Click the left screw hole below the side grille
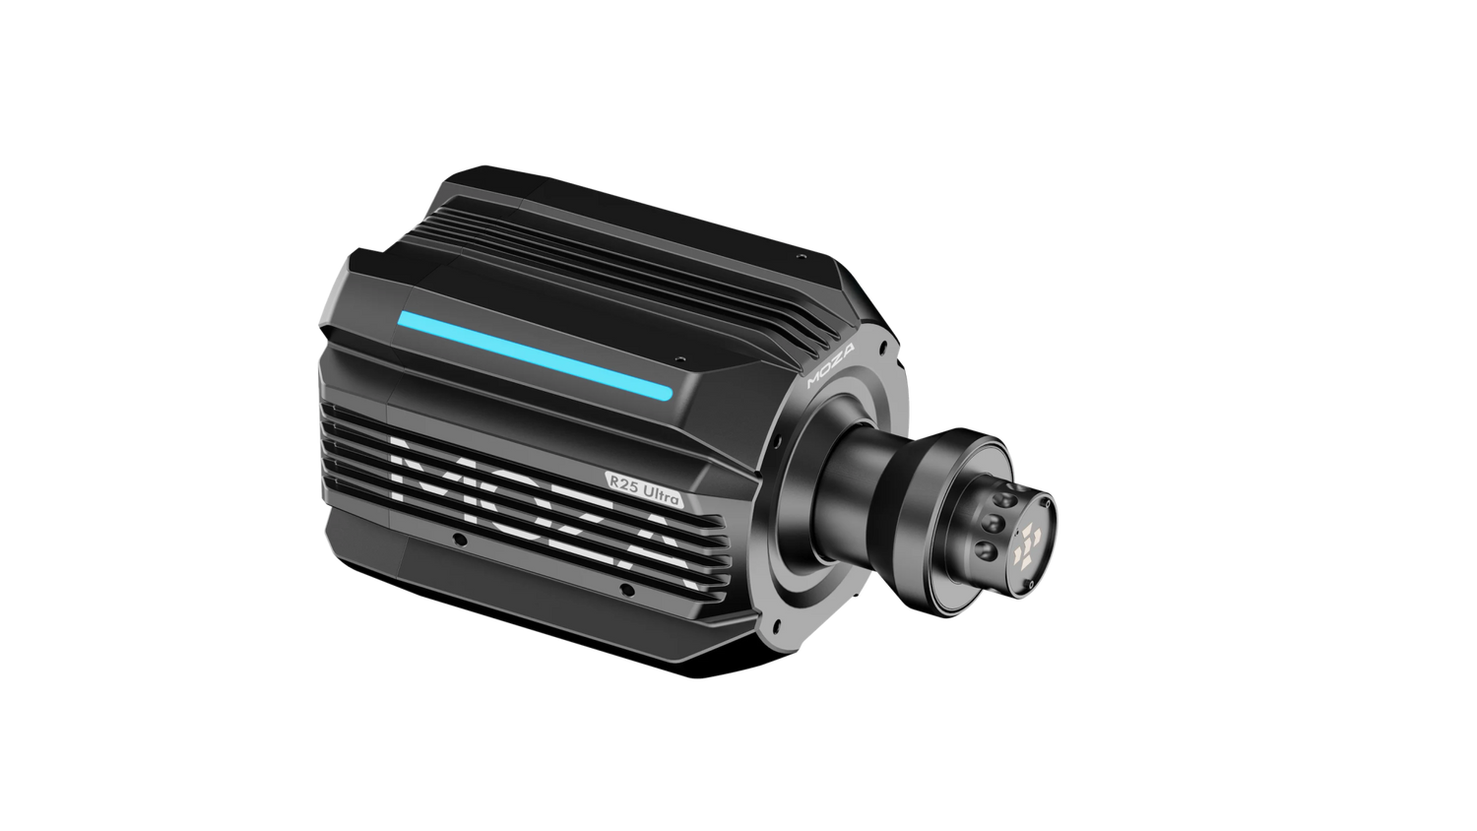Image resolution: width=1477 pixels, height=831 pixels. point(458,540)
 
